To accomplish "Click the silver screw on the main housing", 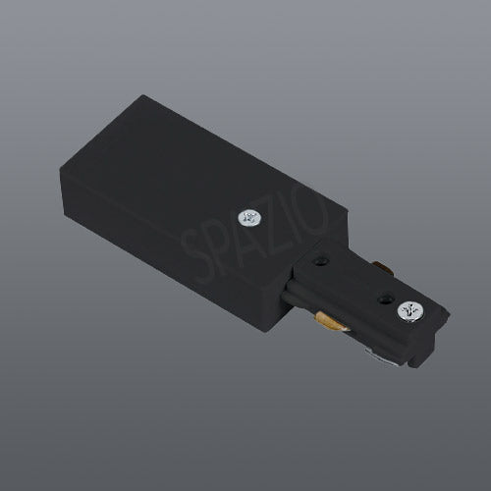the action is tap(249, 218).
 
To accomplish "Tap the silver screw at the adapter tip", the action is tap(409, 311).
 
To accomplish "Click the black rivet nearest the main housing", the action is tap(321, 261).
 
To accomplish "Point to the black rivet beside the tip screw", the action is tap(385, 299).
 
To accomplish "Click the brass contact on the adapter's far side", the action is tap(382, 266).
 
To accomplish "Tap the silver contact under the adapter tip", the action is tap(380, 357).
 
